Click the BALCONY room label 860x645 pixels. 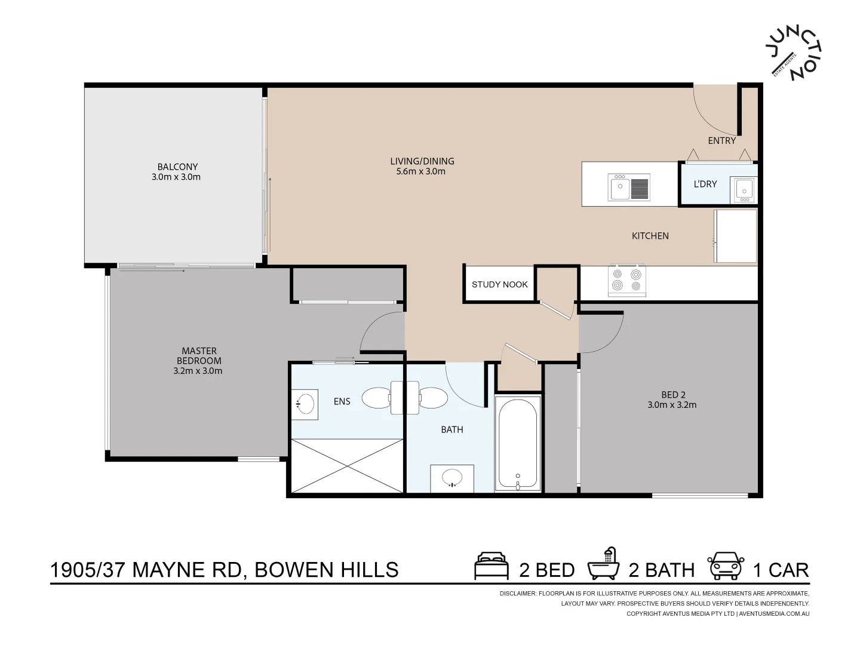[x=177, y=167]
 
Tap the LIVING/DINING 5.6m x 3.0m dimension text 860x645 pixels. [x=421, y=171]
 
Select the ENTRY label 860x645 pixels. [x=721, y=141]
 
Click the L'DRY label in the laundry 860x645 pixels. [x=705, y=184]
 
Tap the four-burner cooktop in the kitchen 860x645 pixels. [x=626, y=279]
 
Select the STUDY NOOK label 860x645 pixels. [x=499, y=284]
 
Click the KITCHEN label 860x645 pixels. [x=650, y=236]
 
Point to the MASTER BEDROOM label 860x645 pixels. [x=199, y=356]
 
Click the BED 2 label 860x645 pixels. [x=673, y=395]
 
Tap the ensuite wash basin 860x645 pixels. [x=306, y=403]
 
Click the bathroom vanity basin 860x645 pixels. [x=452, y=478]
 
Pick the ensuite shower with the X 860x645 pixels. [x=347, y=466]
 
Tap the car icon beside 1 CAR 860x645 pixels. [x=725, y=566]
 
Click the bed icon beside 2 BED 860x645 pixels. [x=491, y=567]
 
